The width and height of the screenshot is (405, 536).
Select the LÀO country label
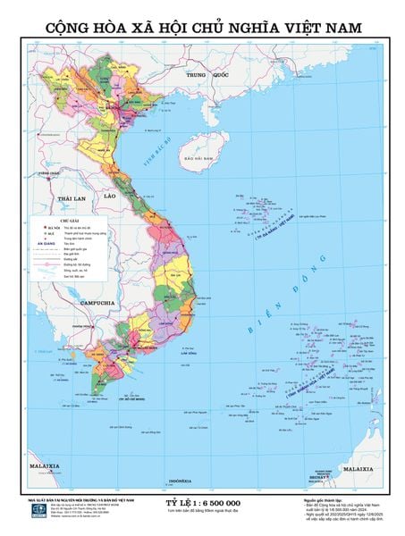(x=111, y=194)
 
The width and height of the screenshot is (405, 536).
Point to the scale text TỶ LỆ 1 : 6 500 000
(x=204, y=506)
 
